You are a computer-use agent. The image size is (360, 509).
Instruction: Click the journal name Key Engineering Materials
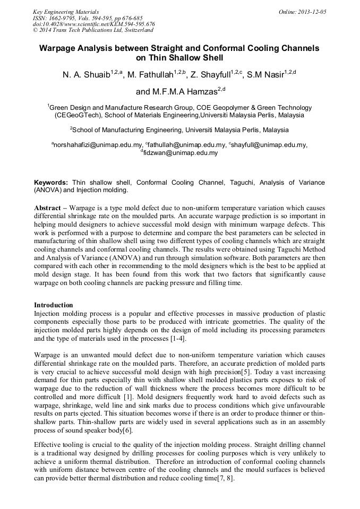coord(65,12)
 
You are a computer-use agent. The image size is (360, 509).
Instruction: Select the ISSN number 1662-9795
coord(62,18)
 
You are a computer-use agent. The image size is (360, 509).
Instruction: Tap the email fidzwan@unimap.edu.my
coord(181,153)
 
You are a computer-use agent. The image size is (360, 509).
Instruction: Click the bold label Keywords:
coord(51,183)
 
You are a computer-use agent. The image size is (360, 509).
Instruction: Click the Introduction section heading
coord(54,305)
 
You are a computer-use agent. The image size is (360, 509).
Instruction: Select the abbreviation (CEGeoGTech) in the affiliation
coord(78,115)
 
